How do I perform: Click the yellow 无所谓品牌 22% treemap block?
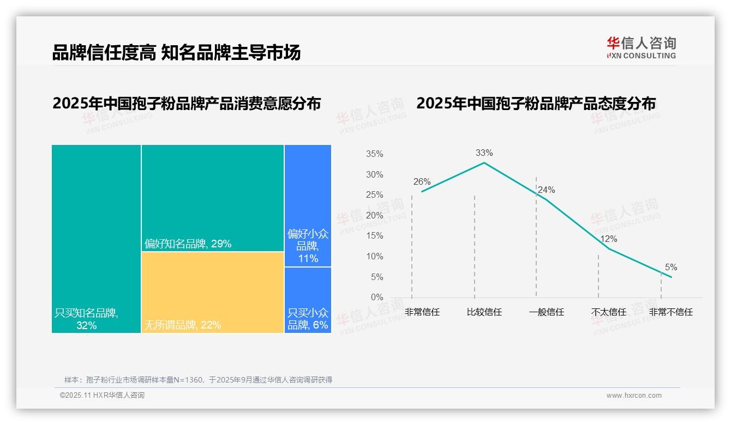[x=213, y=292]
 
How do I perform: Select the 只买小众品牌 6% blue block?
[x=308, y=300]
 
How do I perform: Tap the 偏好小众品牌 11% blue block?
[x=308, y=205]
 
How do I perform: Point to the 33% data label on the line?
[x=484, y=153]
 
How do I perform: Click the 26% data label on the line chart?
[x=422, y=182]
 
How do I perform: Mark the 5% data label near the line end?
[x=671, y=268]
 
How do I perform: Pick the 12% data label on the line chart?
[x=609, y=239]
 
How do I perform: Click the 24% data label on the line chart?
[x=546, y=190]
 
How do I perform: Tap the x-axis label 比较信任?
[x=484, y=312]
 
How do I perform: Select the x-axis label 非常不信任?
[x=671, y=312]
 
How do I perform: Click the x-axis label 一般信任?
[x=546, y=312]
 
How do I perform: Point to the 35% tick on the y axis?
[x=374, y=154]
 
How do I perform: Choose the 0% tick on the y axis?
[x=377, y=297]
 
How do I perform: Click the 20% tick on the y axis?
[x=374, y=216]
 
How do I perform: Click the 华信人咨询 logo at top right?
[x=641, y=47]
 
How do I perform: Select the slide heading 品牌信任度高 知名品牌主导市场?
[x=176, y=53]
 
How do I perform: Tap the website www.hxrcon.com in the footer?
[x=634, y=396]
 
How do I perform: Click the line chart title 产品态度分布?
[x=536, y=104]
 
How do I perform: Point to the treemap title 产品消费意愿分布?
[x=187, y=104]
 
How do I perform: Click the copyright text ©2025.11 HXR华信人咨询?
[x=102, y=396]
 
